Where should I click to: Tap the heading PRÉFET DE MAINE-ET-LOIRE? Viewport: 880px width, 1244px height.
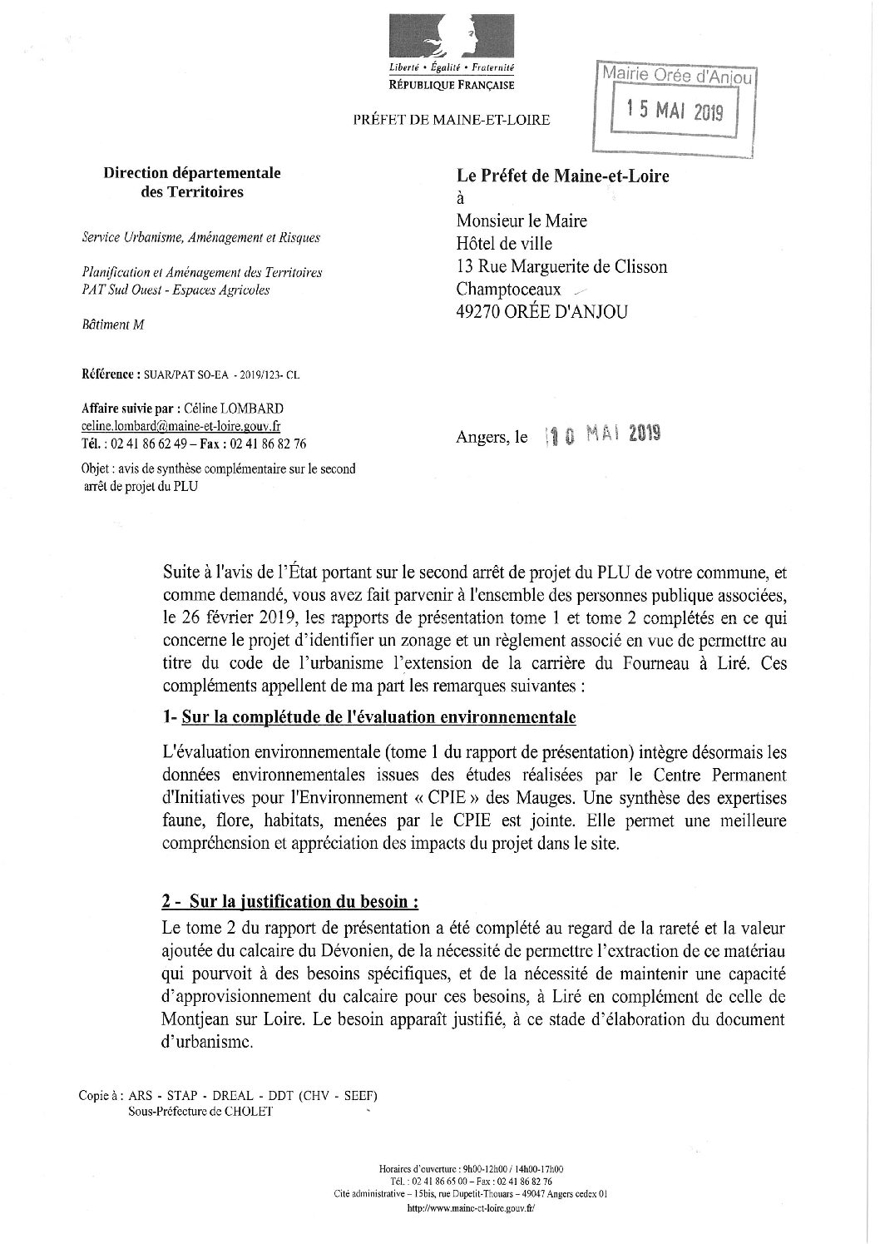coord(451,120)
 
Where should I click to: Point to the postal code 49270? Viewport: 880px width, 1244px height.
coord(478,312)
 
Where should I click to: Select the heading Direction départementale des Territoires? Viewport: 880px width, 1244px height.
coord(191,182)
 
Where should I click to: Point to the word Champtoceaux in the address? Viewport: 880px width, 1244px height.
coord(508,289)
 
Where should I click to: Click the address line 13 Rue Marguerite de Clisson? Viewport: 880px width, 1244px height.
coord(561,266)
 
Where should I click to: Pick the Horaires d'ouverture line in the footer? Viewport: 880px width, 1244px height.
coord(470,1169)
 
